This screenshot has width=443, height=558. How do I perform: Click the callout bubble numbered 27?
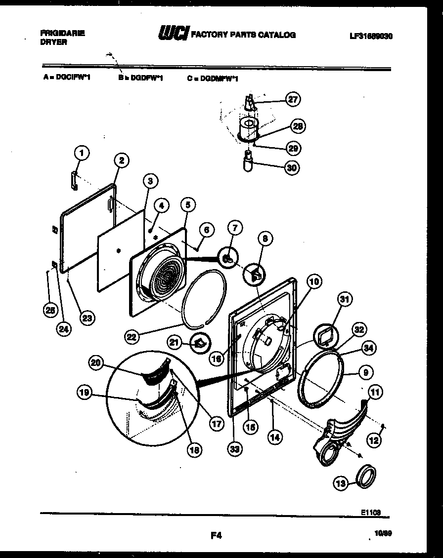pyautogui.click(x=293, y=99)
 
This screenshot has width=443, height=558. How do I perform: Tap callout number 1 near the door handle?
pyautogui.click(x=82, y=153)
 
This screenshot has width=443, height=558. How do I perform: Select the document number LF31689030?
pyautogui.click(x=370, y=36)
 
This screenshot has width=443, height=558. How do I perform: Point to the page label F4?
pyautogui.click(x=216, y=534)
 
